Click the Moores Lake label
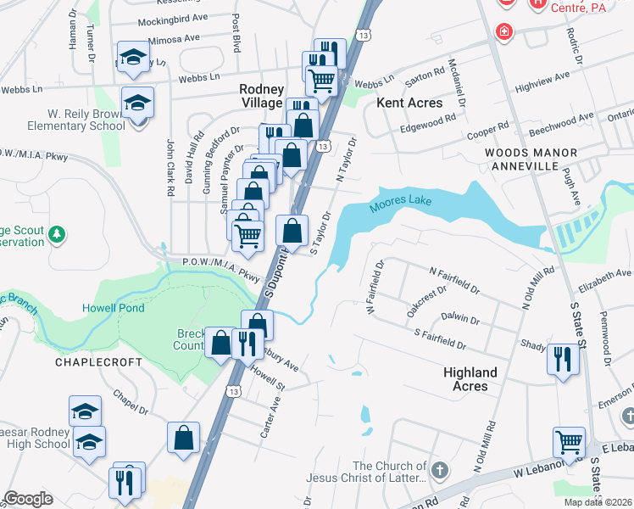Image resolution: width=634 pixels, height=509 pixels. (x=400, y=203)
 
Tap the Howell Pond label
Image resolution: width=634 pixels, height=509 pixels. (x=114, y=307)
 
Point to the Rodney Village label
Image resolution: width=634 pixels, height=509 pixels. (x=260, y=95)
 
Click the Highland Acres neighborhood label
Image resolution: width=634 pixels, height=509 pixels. (x=470, y=379)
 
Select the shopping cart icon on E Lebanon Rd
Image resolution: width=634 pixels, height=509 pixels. (x=568, y=442)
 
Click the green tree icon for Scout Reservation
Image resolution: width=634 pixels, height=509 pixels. (x=57, y=232)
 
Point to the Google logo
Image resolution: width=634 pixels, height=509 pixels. (x=28, y=499)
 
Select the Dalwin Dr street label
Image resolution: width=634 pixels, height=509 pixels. (x=460, y=320)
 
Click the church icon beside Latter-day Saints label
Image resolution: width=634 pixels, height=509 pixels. (x=439, y=470)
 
